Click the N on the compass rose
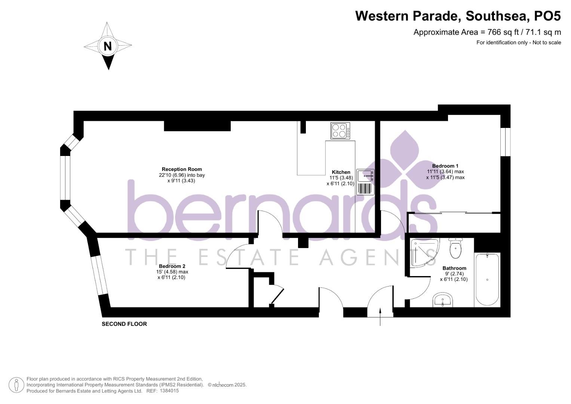108,46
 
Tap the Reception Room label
181,169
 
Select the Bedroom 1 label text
445,166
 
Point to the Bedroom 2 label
172,266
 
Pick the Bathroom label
454,268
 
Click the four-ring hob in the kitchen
340,131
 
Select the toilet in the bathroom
455,248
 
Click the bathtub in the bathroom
487,279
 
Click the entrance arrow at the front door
380,316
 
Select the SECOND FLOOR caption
124,324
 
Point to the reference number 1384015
169,391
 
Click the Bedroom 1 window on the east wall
505,142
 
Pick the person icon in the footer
16,385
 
